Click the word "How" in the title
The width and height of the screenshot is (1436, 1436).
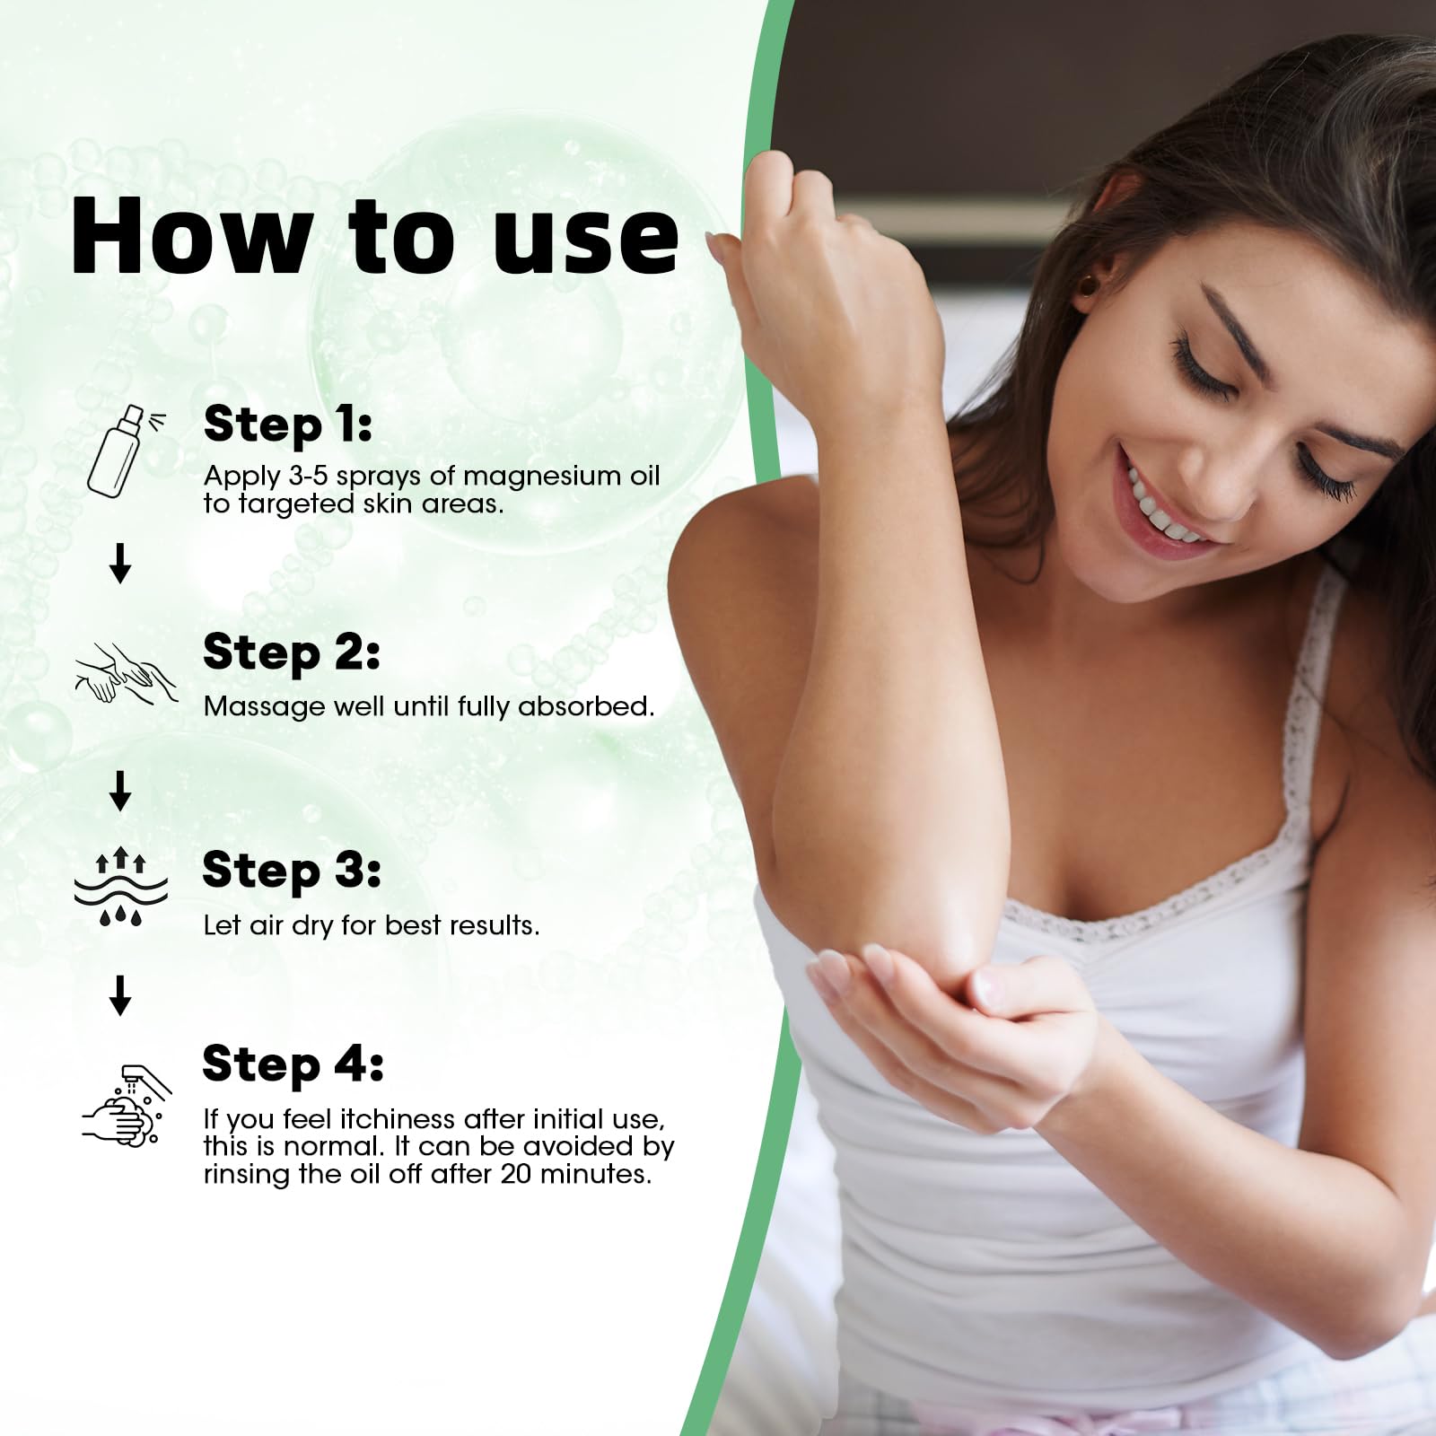(190, 235)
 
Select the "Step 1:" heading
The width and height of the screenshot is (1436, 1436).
(287, 424)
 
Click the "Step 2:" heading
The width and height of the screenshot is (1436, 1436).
(291, 652)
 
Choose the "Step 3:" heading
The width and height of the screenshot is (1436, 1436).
(291, 870)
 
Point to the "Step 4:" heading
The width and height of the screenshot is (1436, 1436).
(293, 1064)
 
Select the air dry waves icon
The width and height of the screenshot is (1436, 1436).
(121, 889)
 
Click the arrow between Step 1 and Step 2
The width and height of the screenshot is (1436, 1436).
(120, 564)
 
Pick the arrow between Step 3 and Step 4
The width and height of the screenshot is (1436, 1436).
(120, 994)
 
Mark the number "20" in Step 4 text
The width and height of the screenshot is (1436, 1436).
(517, 1174)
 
